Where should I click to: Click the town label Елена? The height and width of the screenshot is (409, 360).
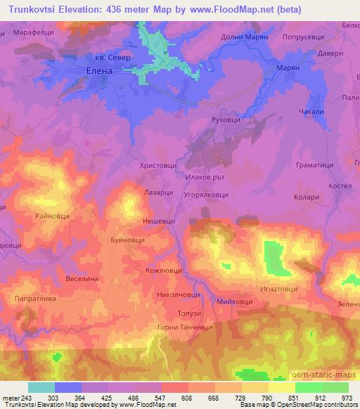[x=98, y=71]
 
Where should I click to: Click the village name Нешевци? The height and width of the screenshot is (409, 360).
[x=159, y=219]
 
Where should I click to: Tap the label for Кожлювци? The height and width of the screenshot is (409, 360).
[x=163, y=271]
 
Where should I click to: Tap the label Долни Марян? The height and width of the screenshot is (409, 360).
[x=245, y=37]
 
